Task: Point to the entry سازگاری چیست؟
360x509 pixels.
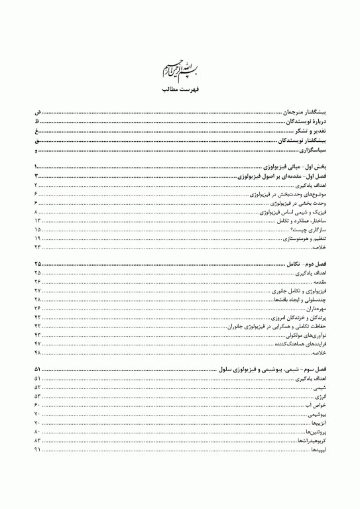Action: click(311, 229)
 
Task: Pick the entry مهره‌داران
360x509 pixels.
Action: click(314, 309)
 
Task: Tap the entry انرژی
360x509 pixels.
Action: click(320, 396)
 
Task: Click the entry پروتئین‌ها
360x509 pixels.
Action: click(313, 431)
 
